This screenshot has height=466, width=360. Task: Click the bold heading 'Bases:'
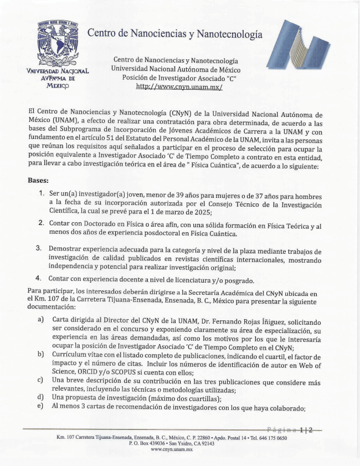(39, 180)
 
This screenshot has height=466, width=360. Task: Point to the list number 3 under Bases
(39, 248)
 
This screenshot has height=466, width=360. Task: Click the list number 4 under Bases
(39, 278)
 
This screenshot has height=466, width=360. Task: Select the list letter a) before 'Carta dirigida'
(41, 320)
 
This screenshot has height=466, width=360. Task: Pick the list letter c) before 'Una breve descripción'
(40, 380)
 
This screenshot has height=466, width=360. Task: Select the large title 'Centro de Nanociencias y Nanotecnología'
(175, 34)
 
